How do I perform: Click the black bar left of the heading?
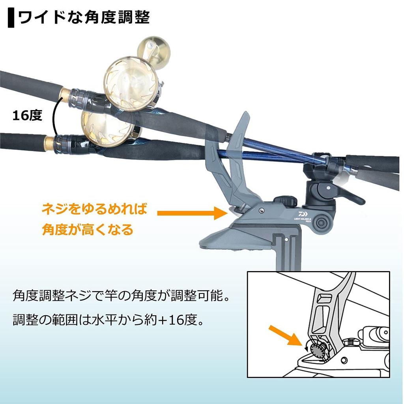(11, 18)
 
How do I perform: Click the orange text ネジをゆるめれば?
(94, 209)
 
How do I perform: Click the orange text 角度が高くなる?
(88, 229)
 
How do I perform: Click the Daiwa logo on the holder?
(304, 215)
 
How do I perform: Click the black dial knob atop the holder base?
(285, 202)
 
